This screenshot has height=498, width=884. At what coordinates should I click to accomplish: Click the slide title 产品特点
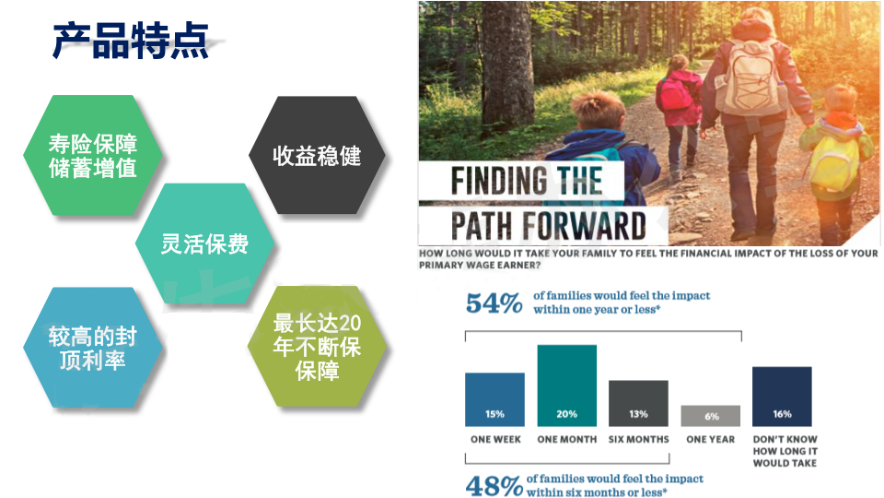tap(131, 41)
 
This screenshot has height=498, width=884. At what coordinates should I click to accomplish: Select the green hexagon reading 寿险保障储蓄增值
tap(93, 155)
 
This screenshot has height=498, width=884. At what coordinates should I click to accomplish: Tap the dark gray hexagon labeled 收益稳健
tap(317, 155)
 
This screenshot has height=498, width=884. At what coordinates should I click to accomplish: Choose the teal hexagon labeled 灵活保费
tap(204, 243)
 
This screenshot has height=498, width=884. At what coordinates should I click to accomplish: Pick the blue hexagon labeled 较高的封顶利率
tap(93, 348)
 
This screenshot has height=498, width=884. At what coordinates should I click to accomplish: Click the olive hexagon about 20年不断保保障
tap(317, 347)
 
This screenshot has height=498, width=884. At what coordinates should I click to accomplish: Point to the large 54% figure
tap(494, 303)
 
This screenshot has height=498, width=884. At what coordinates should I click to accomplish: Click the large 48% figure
tap(494, 486)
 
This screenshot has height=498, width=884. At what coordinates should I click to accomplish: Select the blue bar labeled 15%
tap(495, 399)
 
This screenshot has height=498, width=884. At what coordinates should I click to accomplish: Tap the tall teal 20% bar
tap(566, 385)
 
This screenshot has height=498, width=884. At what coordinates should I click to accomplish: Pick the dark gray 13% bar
tap(638, 403)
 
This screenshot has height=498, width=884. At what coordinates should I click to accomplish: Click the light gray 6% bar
tap(710, 416)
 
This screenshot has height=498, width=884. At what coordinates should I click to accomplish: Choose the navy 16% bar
tap(782, 397)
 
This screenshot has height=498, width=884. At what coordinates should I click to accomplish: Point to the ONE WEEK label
tap(495, 439)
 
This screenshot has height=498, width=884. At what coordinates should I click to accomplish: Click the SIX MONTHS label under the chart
tap(639, 439)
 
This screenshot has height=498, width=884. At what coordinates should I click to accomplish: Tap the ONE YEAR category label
tap(710, 439)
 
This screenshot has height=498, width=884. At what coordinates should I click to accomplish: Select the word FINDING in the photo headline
tap(499, 181)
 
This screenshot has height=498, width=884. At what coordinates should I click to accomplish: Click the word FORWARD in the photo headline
tap(584, 226)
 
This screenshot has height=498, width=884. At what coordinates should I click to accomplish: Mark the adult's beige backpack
tap(751, 77)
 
